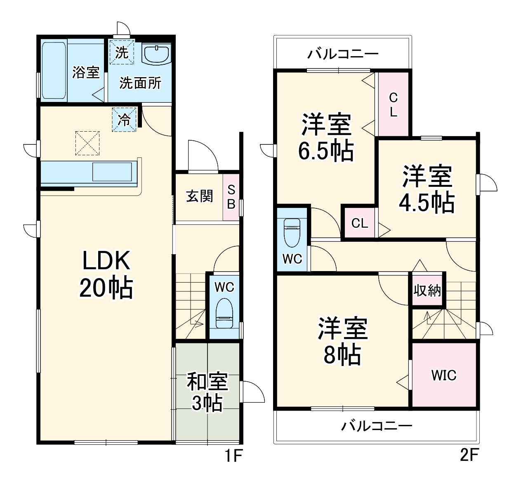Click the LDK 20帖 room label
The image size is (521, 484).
point(106,274)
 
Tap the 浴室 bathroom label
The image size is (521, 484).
point(86,72)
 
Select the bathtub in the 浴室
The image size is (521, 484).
point(54,70)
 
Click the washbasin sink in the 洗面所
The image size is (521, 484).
point(156,54)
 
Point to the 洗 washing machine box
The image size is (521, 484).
point(122,52)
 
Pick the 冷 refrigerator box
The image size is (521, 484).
point(124,120)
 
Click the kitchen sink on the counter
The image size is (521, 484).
point(112,172)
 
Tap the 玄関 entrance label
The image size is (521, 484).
point(199,196)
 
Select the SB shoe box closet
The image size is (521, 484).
point(231,197)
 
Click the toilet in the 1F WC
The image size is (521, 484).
point(224,314)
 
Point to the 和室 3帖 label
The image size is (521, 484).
point(207,392)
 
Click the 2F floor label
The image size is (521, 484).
point(469,455)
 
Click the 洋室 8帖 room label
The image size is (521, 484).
point(342,341)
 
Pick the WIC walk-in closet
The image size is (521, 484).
point(444,375)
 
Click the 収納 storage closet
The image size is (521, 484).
point(427,290)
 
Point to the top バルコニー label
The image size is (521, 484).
point(342,54)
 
